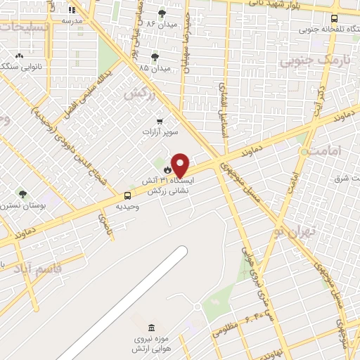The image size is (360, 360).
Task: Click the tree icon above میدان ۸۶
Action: [162, 13]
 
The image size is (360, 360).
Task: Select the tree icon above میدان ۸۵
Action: [155, 57]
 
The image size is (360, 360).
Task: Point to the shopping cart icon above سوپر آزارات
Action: [160, 121]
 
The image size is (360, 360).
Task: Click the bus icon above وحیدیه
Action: [127, 195]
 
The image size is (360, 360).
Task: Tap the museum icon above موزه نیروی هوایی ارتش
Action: [152, 328]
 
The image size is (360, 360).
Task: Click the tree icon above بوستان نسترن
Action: [22, 194]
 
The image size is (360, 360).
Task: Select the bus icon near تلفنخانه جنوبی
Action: [333, 19]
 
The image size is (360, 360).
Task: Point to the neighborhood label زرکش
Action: [139, 93]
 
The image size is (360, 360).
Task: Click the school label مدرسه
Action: [72, 20]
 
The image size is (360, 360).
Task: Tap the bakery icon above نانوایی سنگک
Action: [19, 56]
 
